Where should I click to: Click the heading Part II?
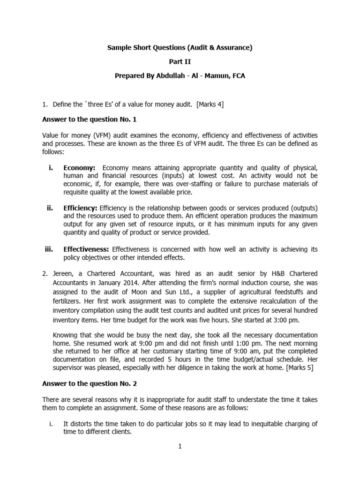(180, 61)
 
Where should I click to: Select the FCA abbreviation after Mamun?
(237, 75)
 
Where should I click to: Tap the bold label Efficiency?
(80, 208)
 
